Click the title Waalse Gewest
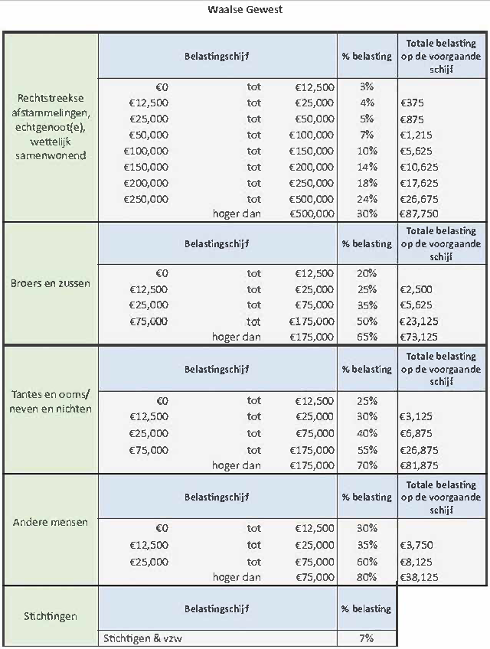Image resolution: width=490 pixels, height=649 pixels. pos(245,10)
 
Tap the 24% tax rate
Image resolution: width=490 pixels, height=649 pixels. pos(367,198)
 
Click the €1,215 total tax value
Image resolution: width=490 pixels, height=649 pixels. pos(416,135)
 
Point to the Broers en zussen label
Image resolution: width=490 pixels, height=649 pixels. pos(50,283)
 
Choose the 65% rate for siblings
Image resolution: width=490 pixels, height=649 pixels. pos(367,337)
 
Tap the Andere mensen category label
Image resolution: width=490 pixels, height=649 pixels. pos(50,523)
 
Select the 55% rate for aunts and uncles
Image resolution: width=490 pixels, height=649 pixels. pos(367,450)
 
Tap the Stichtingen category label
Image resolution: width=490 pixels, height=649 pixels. pos(50,615)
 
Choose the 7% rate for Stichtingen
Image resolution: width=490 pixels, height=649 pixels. pos(367,638)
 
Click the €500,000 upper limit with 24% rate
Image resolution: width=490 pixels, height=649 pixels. pos(314,198)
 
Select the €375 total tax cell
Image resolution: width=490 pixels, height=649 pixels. pos(412,103)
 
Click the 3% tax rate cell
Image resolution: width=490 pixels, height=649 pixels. pos(367,86)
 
